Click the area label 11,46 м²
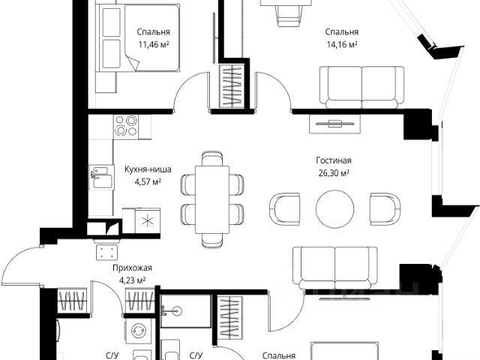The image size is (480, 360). [154, 45]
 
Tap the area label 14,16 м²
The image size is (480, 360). [342, 45]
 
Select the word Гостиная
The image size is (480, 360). [334, 160]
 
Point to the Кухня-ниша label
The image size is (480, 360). [148, 169]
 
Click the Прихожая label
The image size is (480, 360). [132, 268]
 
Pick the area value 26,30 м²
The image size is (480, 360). [334, 173]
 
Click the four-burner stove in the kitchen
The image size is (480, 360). [126, 126]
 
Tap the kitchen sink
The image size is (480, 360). [101, 177]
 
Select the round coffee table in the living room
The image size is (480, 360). [335, 208]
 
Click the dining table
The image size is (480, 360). [212, 199]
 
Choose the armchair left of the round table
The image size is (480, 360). [284, 209]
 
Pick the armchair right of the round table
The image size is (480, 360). [385, 209]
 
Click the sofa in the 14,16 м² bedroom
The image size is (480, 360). [361, 87]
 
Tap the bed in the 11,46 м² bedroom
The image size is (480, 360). [137, 38]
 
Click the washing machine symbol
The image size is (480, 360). [138, 331]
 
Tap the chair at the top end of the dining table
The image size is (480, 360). [212, 158]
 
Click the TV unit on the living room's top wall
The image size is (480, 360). [335, 124]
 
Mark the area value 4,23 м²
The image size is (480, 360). [132, 280]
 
